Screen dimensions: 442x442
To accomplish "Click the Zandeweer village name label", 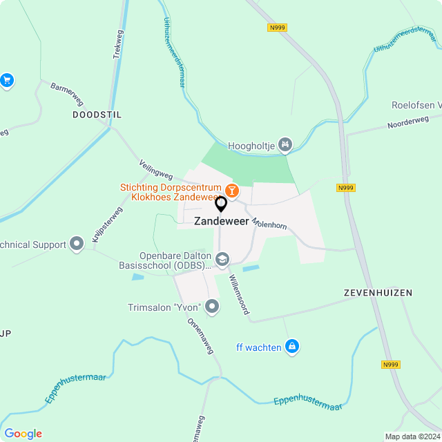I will pyautogui.click(x=221, y=221).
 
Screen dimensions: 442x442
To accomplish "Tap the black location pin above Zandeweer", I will pyautogui.click(x=221, y=204).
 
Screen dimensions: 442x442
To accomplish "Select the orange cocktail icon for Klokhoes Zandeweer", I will pyautogui.click(x=232, y=189).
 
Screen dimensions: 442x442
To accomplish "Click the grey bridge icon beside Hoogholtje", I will pyautogui.click(x=285, y=144).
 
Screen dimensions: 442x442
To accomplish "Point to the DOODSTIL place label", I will pyautogui.click(x=97, y=115).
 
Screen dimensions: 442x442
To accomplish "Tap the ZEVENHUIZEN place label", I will pyautogui.click(x=378, y=293).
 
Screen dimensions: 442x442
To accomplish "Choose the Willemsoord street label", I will pyautogui.click(x=239, y=295).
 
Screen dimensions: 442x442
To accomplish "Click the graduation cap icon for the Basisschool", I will pyautogui.click(x=222, y=260).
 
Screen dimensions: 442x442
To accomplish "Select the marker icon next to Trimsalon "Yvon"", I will pyautogui.click(x=212, y=307).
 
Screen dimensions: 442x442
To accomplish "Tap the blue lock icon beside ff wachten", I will pyautogui.click(x=292, y=347).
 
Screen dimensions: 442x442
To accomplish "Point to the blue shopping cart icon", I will pyautogui.click(x=7, y=81).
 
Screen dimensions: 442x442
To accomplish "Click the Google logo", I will pyautogui.click(x=23, y=433).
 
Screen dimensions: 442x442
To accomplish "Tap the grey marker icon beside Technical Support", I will pyautogui.click(x=77, y=244).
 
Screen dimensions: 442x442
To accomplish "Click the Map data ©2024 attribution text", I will pyautogui.click(x=412, y=436).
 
